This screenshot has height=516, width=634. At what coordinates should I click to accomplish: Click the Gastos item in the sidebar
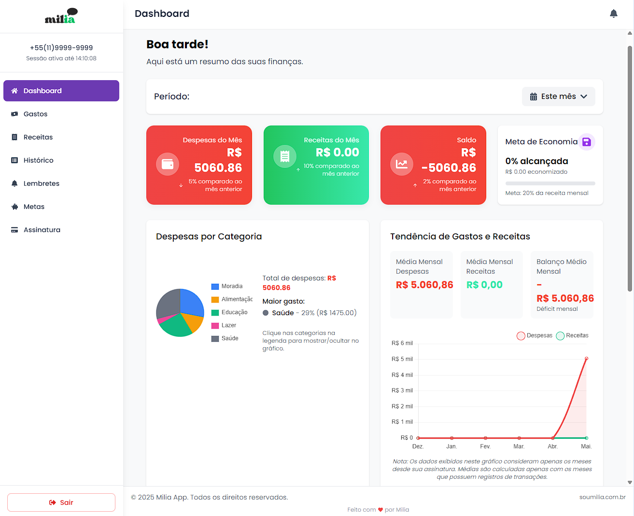tap(36, 114)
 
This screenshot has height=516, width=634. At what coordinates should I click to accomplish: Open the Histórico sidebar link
tap(38, 160)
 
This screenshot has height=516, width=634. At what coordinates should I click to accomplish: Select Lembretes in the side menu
tap(41, 183)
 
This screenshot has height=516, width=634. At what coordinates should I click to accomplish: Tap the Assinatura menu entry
tap(42, 230)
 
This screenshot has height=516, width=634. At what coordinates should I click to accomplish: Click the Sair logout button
tap(61, 502)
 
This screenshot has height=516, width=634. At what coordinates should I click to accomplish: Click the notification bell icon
tap(613, 14)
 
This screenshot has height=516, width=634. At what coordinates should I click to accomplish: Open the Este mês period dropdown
tap(558, 97)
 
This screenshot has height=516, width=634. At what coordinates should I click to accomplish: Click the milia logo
tap(61, 16)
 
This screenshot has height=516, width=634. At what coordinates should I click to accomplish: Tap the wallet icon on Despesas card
tap(168, 164)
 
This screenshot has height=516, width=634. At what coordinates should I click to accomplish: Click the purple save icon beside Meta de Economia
tap(587, 142)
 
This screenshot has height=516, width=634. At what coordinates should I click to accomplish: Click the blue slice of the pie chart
tap(191, 303)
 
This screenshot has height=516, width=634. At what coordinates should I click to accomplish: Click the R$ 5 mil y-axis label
tap(402, 359)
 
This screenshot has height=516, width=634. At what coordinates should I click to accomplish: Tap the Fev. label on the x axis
tap(485, 446)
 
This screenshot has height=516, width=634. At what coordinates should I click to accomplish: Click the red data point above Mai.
tap(586, 359)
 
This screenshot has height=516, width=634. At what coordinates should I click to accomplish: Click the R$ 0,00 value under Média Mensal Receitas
tap(484, 285)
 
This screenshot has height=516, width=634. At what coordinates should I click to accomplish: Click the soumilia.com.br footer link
tap(602, 497)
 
